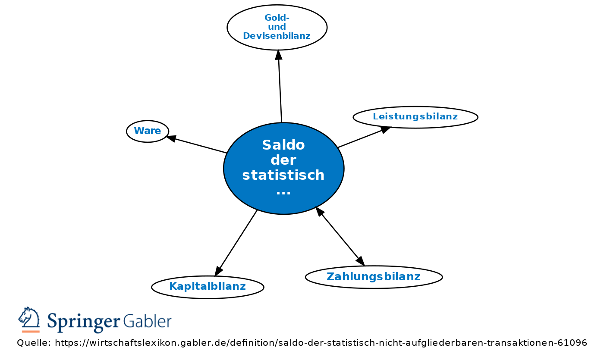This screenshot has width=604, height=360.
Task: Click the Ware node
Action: coord(148,131)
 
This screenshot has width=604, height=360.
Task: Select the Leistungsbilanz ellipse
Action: coord(415,117)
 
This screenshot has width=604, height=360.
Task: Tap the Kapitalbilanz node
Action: coord(208,287)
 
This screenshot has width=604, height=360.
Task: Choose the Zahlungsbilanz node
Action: coord(374,277)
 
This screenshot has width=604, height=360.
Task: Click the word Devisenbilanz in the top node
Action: coord(277,36)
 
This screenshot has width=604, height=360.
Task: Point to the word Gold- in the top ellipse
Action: coord(277,18)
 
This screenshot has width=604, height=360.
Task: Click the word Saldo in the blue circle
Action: coord(283,145)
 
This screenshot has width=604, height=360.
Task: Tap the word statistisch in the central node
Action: coord(283,175)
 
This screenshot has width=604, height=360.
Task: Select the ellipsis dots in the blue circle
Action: coord(283,192)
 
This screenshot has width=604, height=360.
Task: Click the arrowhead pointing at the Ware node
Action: coord(171,138)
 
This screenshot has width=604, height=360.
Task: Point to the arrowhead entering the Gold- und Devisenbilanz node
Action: coord(279,55)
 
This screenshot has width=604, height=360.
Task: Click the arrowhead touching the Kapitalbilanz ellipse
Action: coord(218,271)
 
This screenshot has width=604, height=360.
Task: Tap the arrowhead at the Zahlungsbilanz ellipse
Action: coord(360,260)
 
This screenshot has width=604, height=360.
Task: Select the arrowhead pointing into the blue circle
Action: coord(320,211)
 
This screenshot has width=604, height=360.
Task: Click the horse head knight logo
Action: coord(29,319)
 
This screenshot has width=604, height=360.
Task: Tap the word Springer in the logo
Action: coord(83,322)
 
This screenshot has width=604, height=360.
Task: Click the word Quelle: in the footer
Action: coord(34,343)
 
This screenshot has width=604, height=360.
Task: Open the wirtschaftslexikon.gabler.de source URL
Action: coord(321,343)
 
